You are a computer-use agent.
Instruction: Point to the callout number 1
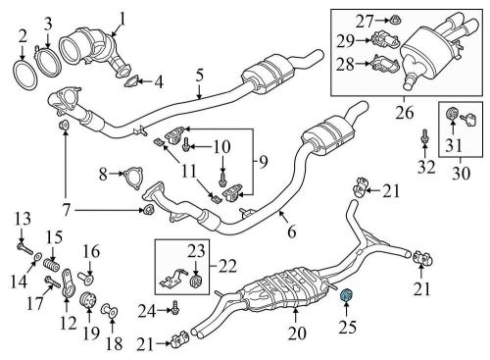123,17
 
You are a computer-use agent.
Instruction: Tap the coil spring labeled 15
55,264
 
